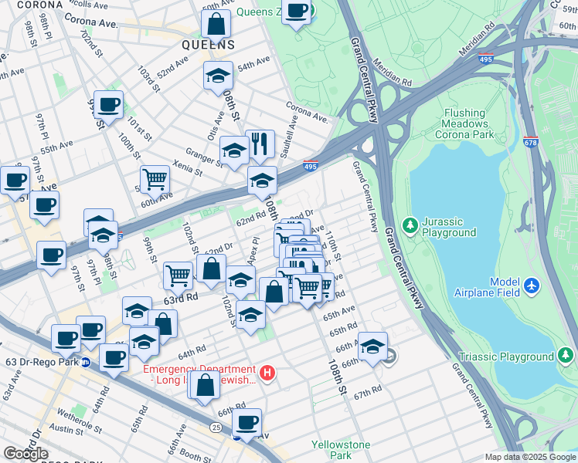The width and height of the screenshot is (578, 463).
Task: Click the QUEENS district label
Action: pyautogui.click(x=208, y=45)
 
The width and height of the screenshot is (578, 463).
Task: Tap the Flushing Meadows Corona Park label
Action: pyautogui.click(x=466, y=123)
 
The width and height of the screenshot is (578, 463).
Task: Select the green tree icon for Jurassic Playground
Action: pyautogui.click(x=410, y=225)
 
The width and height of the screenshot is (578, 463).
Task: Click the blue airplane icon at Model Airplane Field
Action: pyautogui.click(x=531, y=286)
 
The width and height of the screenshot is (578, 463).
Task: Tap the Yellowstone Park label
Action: pyautogui.click(x=341, y=450)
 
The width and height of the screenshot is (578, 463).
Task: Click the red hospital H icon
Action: pyautogui.click(x=267, y=373)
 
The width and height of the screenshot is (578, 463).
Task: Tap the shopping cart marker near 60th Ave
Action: pyautogui.click(x=155, y=179)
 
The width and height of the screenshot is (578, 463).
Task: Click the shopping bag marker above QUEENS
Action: pyautogui.click(x=216, y=24)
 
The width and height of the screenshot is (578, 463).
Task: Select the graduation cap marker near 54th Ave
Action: pyautogui.click(x=218, y=76)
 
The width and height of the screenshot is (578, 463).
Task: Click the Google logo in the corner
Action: pyautogui.click(x=26, y=453)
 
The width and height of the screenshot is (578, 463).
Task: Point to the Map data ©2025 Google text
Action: pyautogui.click(x=529, y=457)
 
